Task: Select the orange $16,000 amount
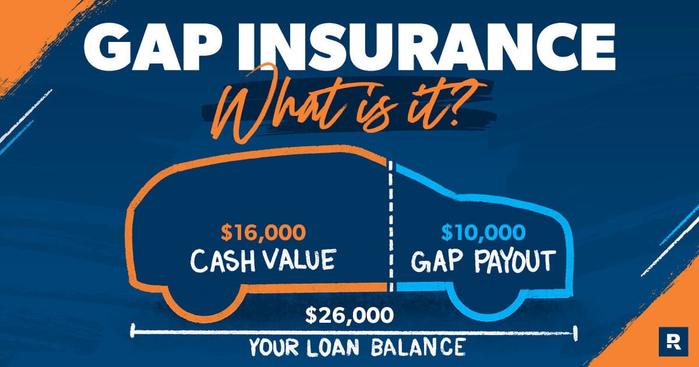263,233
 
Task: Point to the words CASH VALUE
263,260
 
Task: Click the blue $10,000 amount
483,233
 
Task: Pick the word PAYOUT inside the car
515,262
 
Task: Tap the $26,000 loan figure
349,315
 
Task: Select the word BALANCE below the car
418,347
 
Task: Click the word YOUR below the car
274,347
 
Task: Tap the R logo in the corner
673,342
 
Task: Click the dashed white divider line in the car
391,225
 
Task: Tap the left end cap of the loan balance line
133,331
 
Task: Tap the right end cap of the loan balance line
576,334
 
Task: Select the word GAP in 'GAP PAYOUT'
440,262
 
